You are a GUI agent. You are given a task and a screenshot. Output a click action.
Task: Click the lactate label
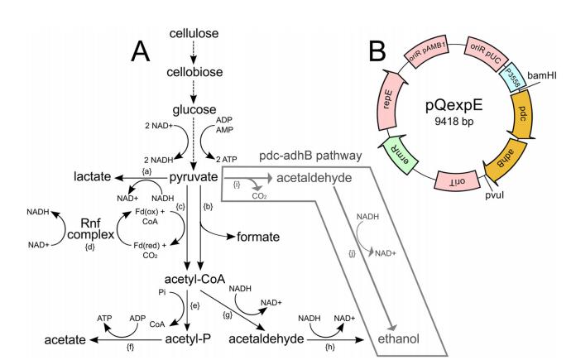94,178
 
